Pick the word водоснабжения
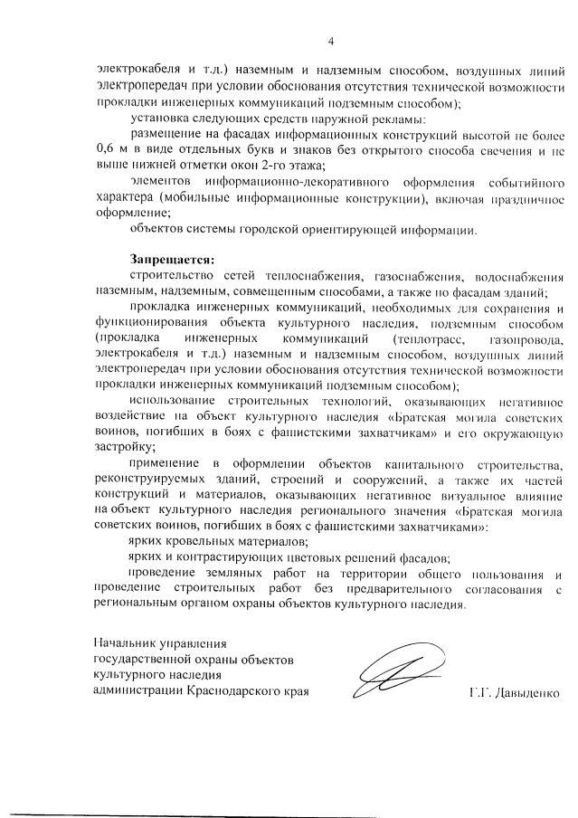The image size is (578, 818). pos(517,275)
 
